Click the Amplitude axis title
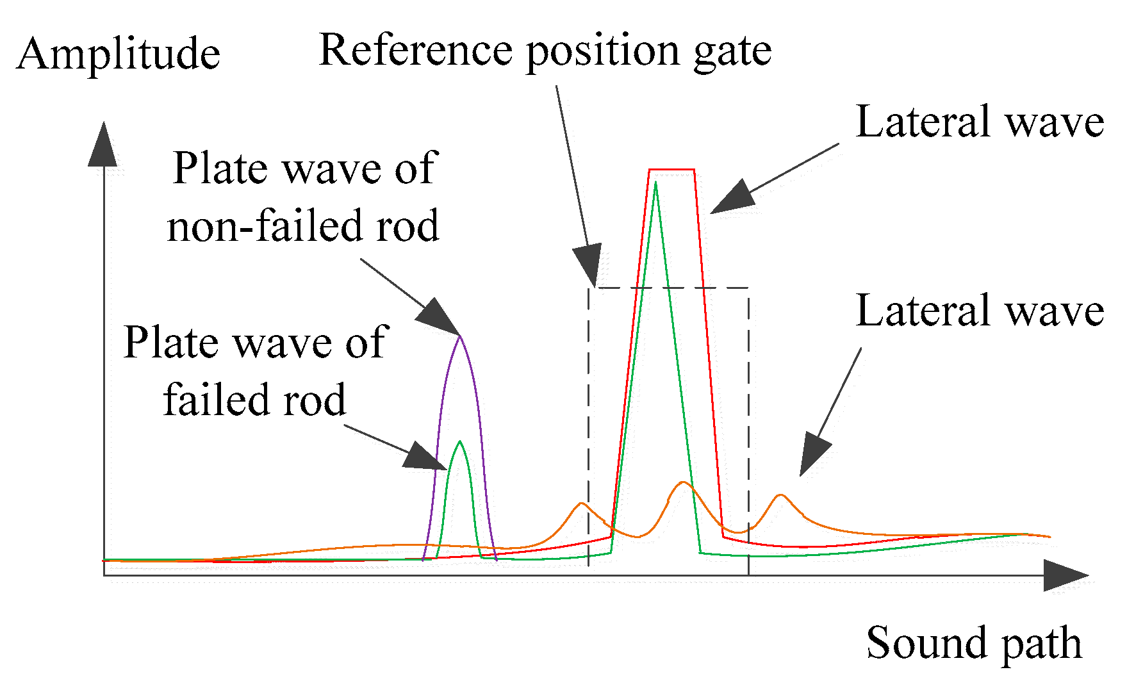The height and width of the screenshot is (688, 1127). [119, 54]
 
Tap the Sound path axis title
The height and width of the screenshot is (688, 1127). [974, 643]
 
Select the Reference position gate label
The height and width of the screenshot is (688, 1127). [545, 50]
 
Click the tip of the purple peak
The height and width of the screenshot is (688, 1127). [459, 337]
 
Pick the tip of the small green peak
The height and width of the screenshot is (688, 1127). [459, 442]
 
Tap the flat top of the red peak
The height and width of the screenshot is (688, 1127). [671, 170]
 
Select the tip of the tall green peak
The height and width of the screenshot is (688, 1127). [655, 184]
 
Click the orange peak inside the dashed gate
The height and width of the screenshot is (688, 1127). [683, 482]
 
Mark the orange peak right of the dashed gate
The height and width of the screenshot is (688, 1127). [780, 495]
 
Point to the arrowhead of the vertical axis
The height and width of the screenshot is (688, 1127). [103, 144]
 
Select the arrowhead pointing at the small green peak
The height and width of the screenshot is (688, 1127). [426, 456]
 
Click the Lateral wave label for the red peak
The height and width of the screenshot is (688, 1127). [980, 122]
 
